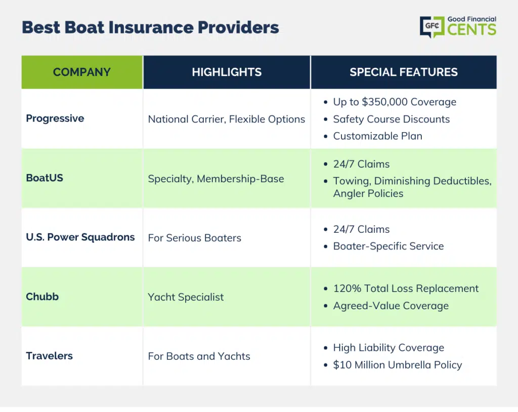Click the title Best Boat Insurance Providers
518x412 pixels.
150,27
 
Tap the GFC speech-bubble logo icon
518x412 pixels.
432,26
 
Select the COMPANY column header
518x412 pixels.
82,72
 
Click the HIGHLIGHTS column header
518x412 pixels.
227,72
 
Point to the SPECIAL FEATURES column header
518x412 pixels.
404,72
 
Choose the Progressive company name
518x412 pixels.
55,118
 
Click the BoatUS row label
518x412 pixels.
45,178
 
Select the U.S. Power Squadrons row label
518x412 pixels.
80,237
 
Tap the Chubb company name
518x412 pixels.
42,297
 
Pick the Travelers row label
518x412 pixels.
49,356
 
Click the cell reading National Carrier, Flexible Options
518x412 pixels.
227,119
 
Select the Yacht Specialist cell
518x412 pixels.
186,297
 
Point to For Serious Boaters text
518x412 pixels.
195,238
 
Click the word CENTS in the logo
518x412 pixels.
472,30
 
